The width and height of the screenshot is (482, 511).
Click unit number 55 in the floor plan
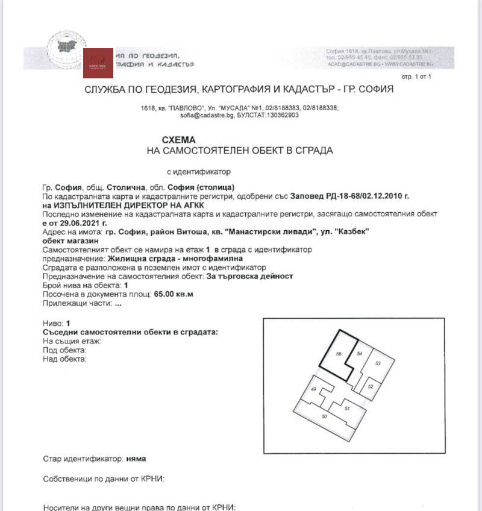pyautogui.click(x=339, y=354)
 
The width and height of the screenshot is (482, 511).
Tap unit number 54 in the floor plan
pyautogui.click(x=360, y=354)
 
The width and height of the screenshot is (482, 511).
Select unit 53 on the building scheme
pyautogui.click(x=378, y=364)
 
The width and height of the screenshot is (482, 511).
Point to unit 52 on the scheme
pyautogui.click(x=371, y=386)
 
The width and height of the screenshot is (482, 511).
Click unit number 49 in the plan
pyautogui.click(x=313, y=390)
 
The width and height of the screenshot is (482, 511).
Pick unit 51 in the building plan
pyautogui.click(x=347, y=408)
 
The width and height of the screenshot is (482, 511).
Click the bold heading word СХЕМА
pyautogui.click(x=180, y=139)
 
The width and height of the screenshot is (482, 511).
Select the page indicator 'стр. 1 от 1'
pyautogui.click(x=416, y=77)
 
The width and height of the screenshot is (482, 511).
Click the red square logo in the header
pyautogui.click(x=98, y=63)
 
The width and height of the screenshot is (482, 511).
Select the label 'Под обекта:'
pyautogui.click(x=65, y=350)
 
